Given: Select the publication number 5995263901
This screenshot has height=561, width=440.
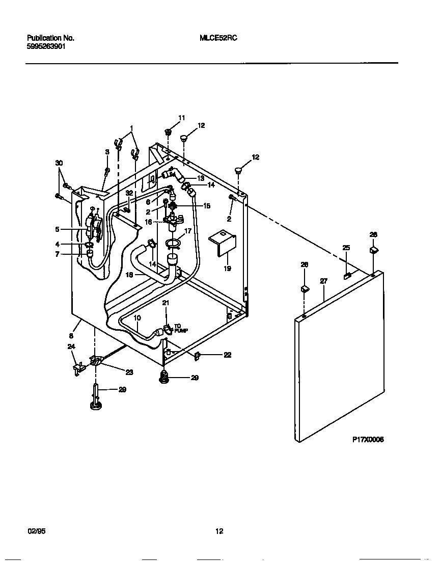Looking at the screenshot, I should coord(46,45).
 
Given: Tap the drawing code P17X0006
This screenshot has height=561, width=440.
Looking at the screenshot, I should coord(368,439).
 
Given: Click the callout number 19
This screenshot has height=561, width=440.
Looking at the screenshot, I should coord(227,268).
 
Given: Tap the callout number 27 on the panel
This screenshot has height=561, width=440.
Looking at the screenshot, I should coord(323,281).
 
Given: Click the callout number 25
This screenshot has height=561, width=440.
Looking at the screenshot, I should coord(346,248).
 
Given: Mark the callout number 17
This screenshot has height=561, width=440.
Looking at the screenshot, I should coord(188,230).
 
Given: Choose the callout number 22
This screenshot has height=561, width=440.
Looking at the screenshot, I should coord(227,355).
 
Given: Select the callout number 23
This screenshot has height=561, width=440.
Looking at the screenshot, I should coord(129,372).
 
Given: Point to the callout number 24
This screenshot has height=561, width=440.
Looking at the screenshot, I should coord(71,346).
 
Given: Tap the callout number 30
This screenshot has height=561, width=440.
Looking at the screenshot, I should coord(59,163).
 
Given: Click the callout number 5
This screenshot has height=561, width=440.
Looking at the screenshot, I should coord(57,229).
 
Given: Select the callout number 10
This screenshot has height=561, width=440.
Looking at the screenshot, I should coord(137,317).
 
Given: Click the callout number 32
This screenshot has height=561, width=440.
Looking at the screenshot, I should coord(129,193).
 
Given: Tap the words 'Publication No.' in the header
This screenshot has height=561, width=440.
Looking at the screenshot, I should coord(50,38).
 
